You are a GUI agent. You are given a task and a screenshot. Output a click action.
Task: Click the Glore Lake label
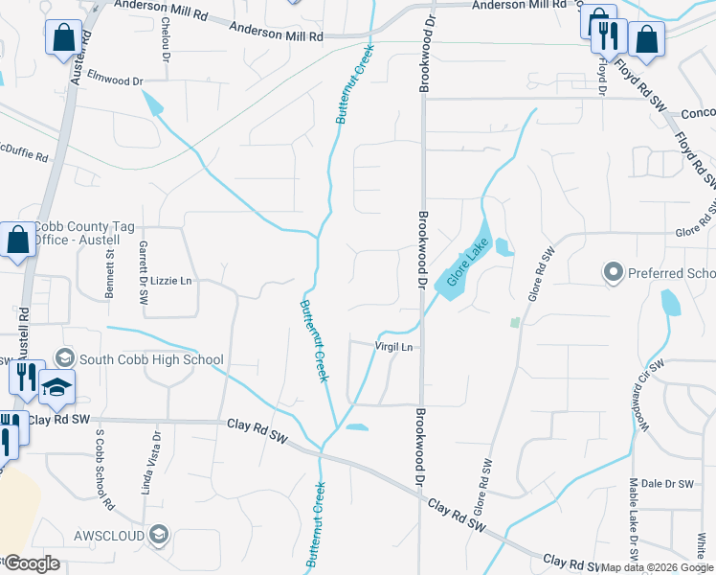(x=463, y=264)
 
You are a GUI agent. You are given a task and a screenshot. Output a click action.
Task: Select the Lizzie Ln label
(x=171, y=281)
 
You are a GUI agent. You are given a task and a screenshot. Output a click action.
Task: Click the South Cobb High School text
(x=151, y=360)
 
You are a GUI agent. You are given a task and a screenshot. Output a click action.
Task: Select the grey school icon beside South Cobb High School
(x=64, y=358)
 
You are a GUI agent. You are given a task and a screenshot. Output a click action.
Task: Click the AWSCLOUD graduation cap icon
(x=159, y=535)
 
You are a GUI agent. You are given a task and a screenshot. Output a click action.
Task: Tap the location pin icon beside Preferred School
(x=613, y=273)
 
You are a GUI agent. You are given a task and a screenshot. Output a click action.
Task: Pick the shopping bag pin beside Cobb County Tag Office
(x=18, y=241)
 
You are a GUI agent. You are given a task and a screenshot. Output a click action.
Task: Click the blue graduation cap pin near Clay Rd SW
(x=56, y=387)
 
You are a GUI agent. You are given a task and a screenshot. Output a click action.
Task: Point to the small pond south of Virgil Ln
(x=356, y=426)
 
